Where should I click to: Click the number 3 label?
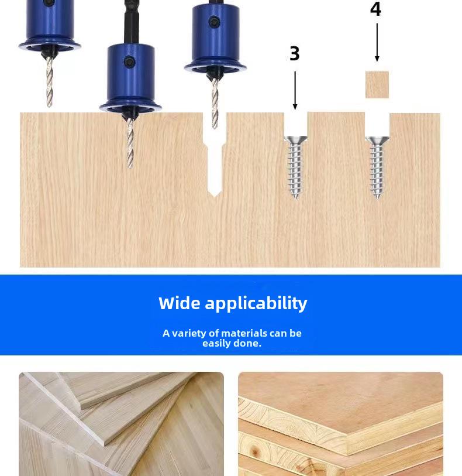point(295,53)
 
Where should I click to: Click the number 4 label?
point(375,9)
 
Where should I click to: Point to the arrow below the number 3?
point(295,90)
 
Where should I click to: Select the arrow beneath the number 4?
point(377,42)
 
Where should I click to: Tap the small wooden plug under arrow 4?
point(377,85)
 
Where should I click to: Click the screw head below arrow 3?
point(295,141)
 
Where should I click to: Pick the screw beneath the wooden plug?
point(377,167)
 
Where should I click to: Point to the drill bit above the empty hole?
point(215,102)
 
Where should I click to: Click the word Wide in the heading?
point(179,303)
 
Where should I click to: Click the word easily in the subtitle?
point(216,343)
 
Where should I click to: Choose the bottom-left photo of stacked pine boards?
point(121,424)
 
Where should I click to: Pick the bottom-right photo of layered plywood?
point(340,424)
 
